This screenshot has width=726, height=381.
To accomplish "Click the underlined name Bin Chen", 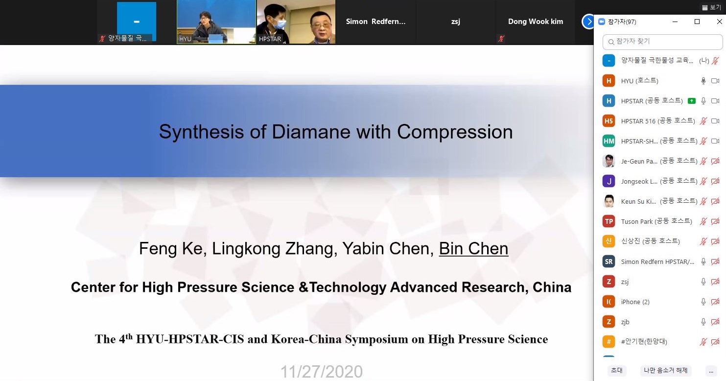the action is tap(473, 248).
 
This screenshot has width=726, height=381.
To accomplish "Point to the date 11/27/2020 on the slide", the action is tap(321, 372).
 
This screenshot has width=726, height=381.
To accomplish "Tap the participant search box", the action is tap(662, 42).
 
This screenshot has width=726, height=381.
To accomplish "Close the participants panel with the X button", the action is tap(719, 22).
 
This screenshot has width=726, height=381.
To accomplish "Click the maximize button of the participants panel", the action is tap(697, 22).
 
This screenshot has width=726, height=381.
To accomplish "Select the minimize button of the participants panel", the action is tap(675, 22).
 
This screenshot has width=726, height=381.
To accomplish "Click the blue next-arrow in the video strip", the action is tap(588, 22).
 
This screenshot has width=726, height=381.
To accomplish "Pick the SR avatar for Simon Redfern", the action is tap(609, 262).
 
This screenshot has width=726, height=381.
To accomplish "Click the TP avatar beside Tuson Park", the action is tap(609, 221).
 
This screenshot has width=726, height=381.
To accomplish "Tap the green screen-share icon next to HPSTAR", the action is tap(692, 101).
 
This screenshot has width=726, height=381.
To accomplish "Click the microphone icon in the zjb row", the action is tap(703, 322).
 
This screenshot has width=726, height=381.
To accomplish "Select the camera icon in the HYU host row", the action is tap(715, 81).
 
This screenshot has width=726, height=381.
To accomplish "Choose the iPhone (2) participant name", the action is tap(635, 302).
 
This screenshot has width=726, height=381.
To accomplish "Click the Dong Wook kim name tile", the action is tap(536, 22).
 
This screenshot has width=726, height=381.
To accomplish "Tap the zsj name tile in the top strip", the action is tap(455, 22).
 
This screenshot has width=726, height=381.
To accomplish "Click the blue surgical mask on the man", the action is tap(278, 24).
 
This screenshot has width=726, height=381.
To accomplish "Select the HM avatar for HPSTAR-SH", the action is tap(609, 141).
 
